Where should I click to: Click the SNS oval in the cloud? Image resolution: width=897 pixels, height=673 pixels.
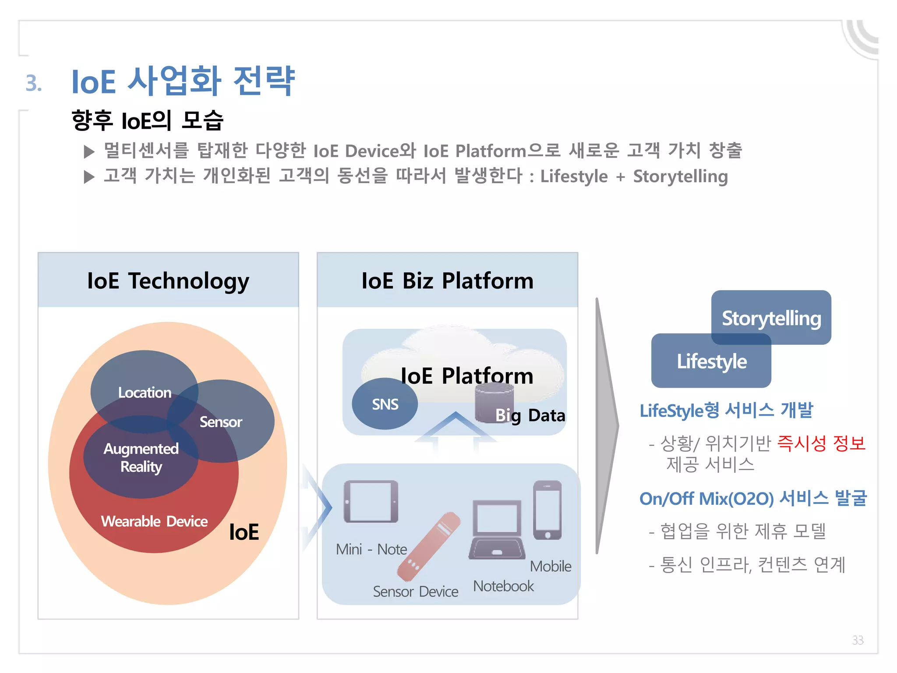(x=385, y=404)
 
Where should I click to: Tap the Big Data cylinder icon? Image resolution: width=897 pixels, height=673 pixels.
(x=494, y=402)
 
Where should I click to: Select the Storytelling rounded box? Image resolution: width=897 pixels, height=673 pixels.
(x=771, y=318)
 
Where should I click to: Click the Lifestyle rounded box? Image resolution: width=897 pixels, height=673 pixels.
(x=711, y=361)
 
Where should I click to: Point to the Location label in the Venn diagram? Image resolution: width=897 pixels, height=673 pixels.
(x=145, y=392)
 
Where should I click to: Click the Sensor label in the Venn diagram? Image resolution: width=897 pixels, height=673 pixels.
(x=221, y=422)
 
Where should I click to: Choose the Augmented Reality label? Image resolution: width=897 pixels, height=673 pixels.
(x=141, y=457)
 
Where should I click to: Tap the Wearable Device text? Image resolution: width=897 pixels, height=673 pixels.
(x=154, y=521)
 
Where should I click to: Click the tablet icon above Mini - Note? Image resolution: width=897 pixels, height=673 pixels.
(x=371, y=502)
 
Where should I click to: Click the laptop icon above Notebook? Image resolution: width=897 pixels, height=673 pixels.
(x=497, y=530)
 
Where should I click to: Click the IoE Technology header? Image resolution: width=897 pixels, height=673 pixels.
(x=168, y=280)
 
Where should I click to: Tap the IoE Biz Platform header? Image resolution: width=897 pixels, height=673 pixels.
(x=447, y=280)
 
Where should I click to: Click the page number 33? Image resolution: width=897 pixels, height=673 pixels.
(x=858, y=640)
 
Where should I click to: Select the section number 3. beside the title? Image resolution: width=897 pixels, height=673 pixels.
(x=34, y=83)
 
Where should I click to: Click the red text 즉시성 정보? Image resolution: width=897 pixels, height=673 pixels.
(x=821, y=443)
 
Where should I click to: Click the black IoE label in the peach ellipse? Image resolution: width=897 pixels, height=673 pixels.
(x=244, y=532)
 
